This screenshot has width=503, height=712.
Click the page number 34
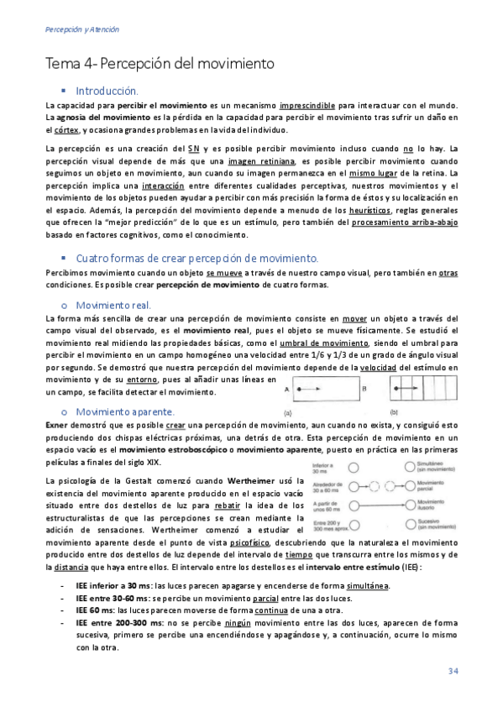tap(452, 670)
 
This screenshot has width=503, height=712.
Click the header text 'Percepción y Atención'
tap(81, 29)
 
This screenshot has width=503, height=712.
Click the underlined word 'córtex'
tap(66, 130)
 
